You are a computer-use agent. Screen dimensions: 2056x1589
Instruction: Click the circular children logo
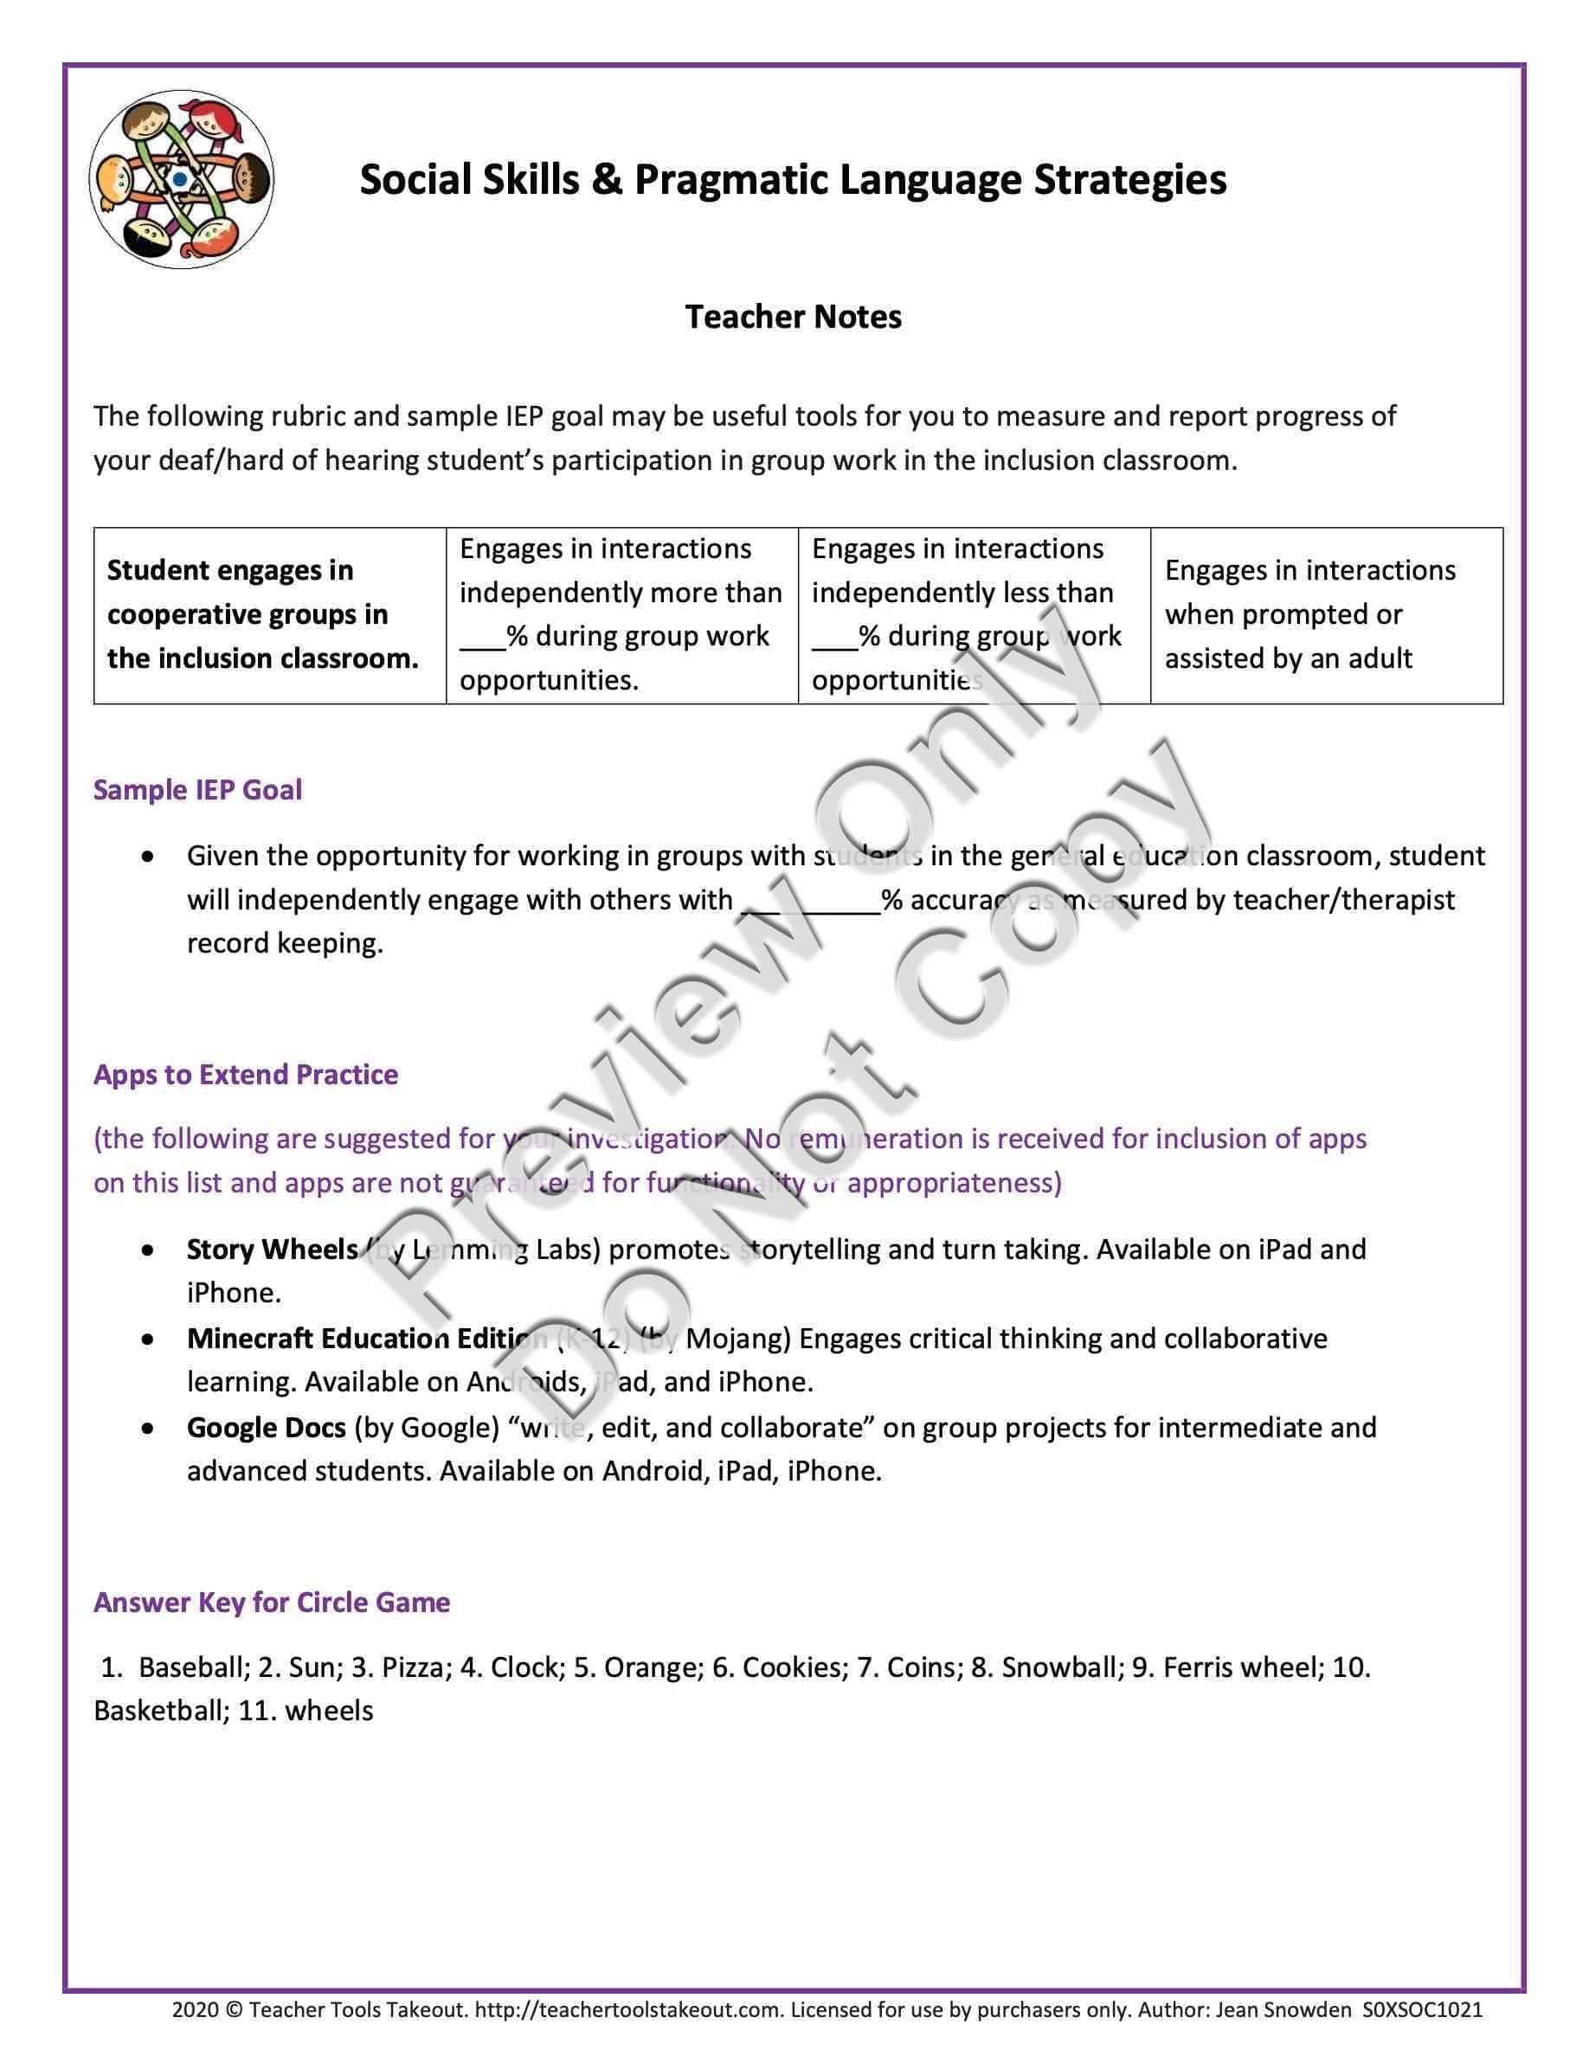pos(181,179)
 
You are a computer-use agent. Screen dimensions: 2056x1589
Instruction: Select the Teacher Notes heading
pos(793,318)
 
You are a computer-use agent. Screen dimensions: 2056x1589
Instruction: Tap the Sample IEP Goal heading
pos(197,790)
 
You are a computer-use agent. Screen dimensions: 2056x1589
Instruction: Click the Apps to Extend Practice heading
pos(246,1074)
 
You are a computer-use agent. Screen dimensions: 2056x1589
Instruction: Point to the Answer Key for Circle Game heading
pos(271,1603)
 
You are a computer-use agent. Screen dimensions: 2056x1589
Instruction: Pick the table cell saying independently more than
pos(621,614)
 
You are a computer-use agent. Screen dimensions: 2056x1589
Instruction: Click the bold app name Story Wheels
pos(272,1250)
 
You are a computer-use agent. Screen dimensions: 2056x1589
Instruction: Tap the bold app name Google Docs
pos(267,1428)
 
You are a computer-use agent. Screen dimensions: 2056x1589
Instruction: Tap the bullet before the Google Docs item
pos(148,1429)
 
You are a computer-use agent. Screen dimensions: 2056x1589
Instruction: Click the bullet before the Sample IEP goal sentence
pos(148,857)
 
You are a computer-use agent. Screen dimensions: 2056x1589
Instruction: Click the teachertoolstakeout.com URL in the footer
pos(627,2011)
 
